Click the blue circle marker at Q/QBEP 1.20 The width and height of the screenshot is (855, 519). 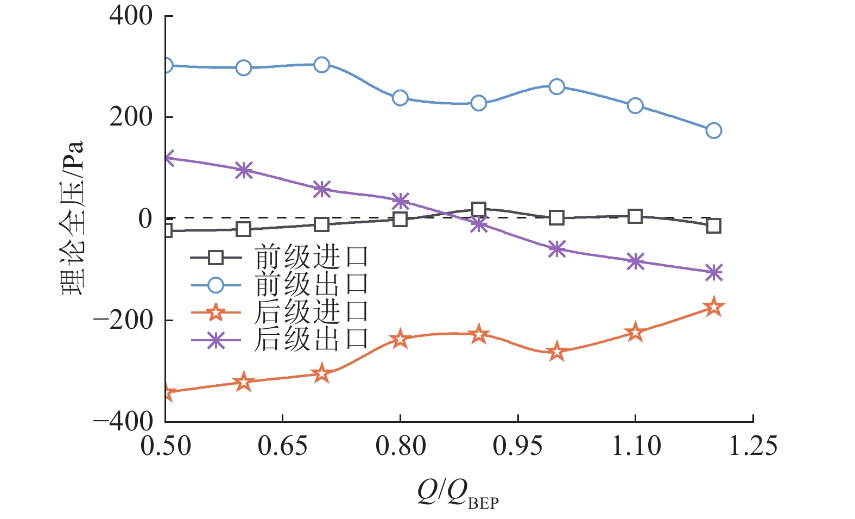pyautogui.click(x=713, y=130)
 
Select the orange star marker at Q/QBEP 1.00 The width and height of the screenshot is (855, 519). pyautogui.click(x=556, y=352)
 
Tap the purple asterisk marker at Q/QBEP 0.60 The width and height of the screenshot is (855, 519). pyautogui.click(x=244, y=170)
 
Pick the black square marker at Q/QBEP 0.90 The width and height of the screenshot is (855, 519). pyautogui.click(x=478, y=210)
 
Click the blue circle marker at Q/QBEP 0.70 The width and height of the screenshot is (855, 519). pyautogui.click(x=322, y=65)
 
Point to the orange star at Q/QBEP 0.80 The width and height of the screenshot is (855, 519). pyautogui.click(x=400, y=339)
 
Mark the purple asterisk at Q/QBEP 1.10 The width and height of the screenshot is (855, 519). pyautogui.click(x=635, y=261)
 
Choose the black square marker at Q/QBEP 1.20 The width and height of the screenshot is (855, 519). pyautogui.click(x=713, y=226)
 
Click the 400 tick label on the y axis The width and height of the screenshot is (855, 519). pyautogui.click(x=131, y=16)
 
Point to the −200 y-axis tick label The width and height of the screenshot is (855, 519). pyautogui.click(x=123, y=320)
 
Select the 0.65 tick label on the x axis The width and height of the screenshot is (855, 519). pyautogui.click(x=283, y=446)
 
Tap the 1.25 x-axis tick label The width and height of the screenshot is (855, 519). pyautogui.click(x=752, y=446)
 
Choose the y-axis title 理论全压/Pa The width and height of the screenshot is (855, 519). pyautogui.click(x=73, y=217)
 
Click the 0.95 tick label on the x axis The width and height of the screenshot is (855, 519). pyautogui.click(x=518, y=446)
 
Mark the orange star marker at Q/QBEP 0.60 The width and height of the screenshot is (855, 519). pyautogui.click(x=244, y=382)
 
